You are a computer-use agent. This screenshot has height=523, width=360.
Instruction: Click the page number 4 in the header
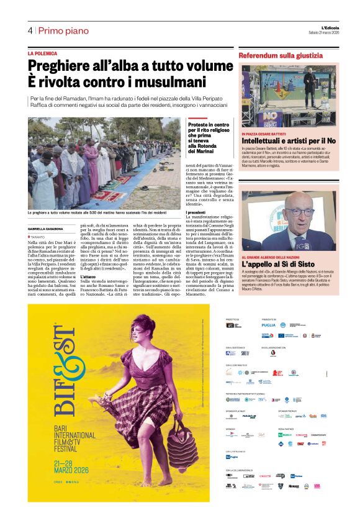[x=30, y=30]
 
